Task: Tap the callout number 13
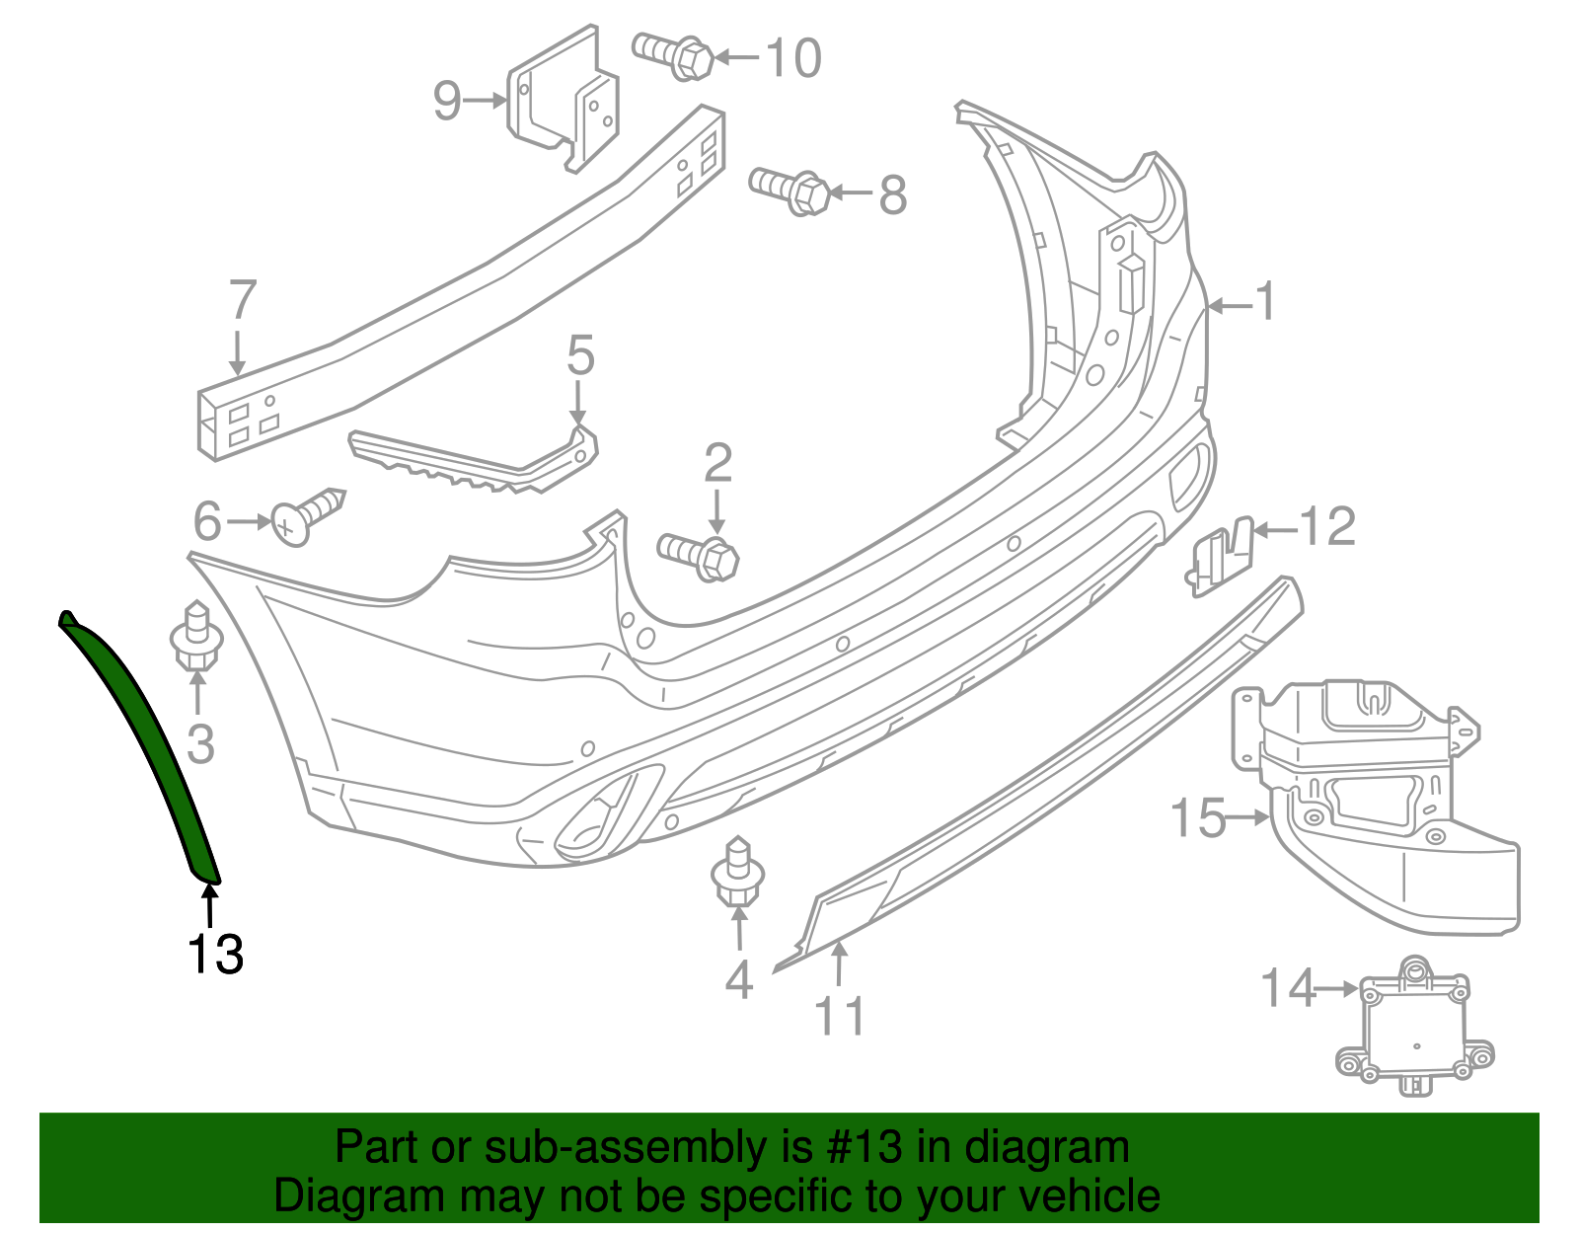215,954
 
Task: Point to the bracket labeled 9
564,99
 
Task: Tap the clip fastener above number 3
197,637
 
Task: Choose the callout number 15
1197,818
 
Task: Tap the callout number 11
839,1016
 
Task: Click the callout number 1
1264,301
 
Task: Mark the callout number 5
580,355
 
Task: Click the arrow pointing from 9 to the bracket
486,100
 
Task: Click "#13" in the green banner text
858,1147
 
